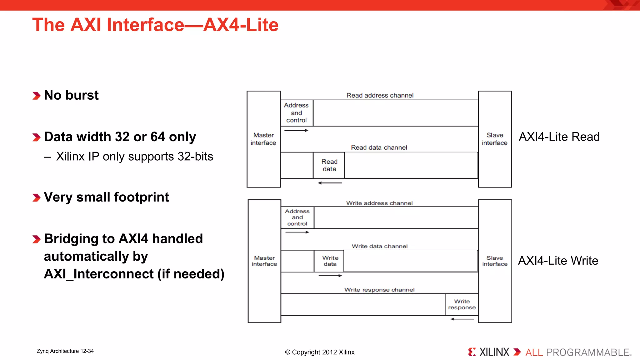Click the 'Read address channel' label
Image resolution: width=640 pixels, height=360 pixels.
(380, 95)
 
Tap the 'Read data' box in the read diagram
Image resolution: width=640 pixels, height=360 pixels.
(329, 165)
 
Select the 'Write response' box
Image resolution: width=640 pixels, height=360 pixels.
(462, 304)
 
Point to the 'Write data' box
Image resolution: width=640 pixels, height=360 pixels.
(330, 261)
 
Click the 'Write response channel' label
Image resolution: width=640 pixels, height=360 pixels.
(379, 290)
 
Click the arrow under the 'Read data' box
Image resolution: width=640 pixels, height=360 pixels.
(330, 183)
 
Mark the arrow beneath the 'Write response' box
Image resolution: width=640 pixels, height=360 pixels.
(462, 319)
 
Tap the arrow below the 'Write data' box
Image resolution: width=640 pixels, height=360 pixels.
(330, 276)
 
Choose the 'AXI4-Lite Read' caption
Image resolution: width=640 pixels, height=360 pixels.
(559, 137)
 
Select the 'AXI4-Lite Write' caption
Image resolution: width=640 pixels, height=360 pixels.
(558, 261)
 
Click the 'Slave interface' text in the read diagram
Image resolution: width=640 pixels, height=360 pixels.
(495, 139)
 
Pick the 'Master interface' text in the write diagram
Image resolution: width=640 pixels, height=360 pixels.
(264, 261)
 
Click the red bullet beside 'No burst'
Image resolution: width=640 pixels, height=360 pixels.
(36, 96)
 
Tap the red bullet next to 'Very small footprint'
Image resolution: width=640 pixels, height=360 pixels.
(36, 197)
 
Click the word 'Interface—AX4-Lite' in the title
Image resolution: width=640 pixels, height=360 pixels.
(192, 25)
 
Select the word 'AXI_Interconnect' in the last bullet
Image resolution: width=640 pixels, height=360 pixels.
(99, 274)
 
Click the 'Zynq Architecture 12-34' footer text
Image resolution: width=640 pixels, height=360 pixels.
(65, 351)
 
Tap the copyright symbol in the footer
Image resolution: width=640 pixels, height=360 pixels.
(287, 352)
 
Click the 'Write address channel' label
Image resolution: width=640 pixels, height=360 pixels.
(379, 203)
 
